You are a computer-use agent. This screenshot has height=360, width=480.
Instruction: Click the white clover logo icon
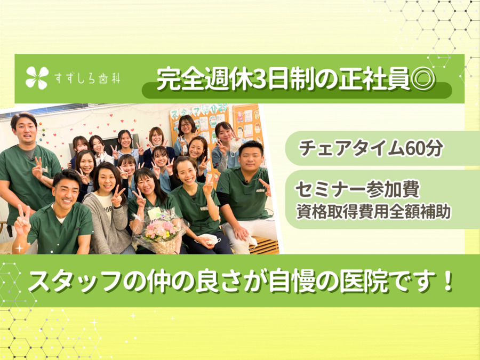click(37, 78)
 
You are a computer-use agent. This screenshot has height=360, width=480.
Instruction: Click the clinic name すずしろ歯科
click(87, 79)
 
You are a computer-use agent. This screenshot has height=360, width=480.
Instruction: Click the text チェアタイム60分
click(371, 148)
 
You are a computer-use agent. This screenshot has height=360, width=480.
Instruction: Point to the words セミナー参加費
click(357, 189)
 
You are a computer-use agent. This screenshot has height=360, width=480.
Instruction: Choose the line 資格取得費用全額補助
click(373, 212)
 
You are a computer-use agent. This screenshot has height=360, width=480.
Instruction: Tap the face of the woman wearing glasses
click(186, 125)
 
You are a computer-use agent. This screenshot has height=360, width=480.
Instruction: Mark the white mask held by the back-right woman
click(235, 146)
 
